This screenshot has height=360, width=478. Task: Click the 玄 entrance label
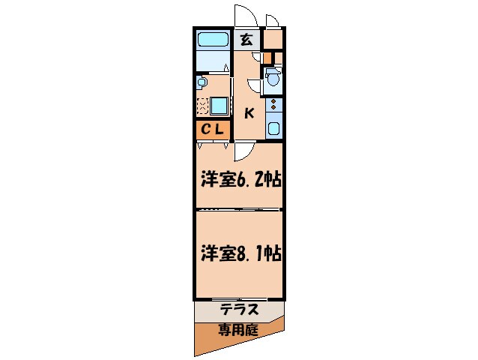(x=246, y=40)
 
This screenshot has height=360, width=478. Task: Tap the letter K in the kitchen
(x=249, y=113)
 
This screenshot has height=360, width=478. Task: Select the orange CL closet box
(x=212, y=129)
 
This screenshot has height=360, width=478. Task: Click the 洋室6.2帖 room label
(x=240, y=181)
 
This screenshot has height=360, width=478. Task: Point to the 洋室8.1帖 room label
(x=240, y=253)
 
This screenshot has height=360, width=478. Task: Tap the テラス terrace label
(x=240, y=307)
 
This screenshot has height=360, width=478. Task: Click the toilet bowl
(x=273, y=77)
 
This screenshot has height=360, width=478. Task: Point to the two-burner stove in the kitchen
(x=273, y=104)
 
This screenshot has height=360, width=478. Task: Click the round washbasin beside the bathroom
(x=201, y=81)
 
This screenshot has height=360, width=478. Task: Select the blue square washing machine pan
(x=219, y=105)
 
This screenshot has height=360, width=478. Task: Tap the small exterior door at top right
(x=271, y=21)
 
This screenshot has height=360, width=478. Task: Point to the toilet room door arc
(x=255, y=85)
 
